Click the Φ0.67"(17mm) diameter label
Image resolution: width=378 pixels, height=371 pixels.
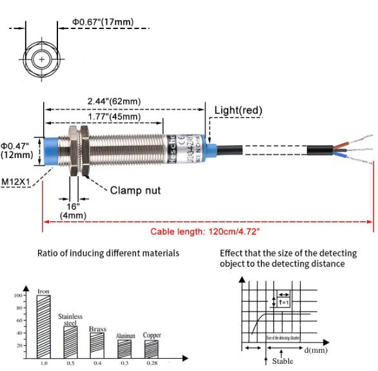click(103, 22)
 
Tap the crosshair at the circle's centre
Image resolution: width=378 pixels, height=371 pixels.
click(42, 60)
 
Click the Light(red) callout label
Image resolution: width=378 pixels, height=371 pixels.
click(238, 110)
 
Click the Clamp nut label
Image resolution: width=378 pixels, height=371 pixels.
click(135, 190)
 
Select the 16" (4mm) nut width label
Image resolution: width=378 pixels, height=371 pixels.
click(73, 210)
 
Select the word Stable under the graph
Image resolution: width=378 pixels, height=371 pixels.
click(282, 361)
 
